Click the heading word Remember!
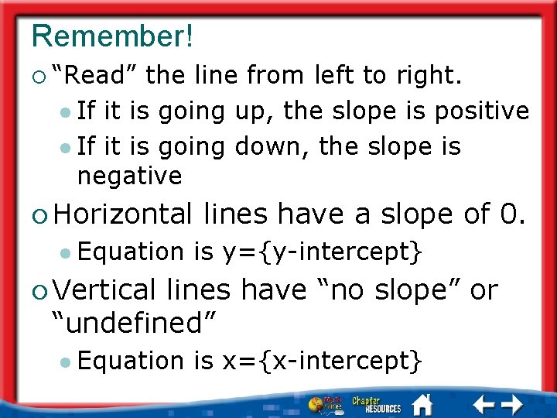coord(113,35)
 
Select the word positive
coord(481,111)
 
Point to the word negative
coord(129,176)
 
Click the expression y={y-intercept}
coord(323,252)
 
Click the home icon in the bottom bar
coord(422,403)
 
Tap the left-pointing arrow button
coord(484,404)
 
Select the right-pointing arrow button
coord(512,404)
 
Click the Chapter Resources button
coord(377,404)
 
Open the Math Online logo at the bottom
coord(324,404)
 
